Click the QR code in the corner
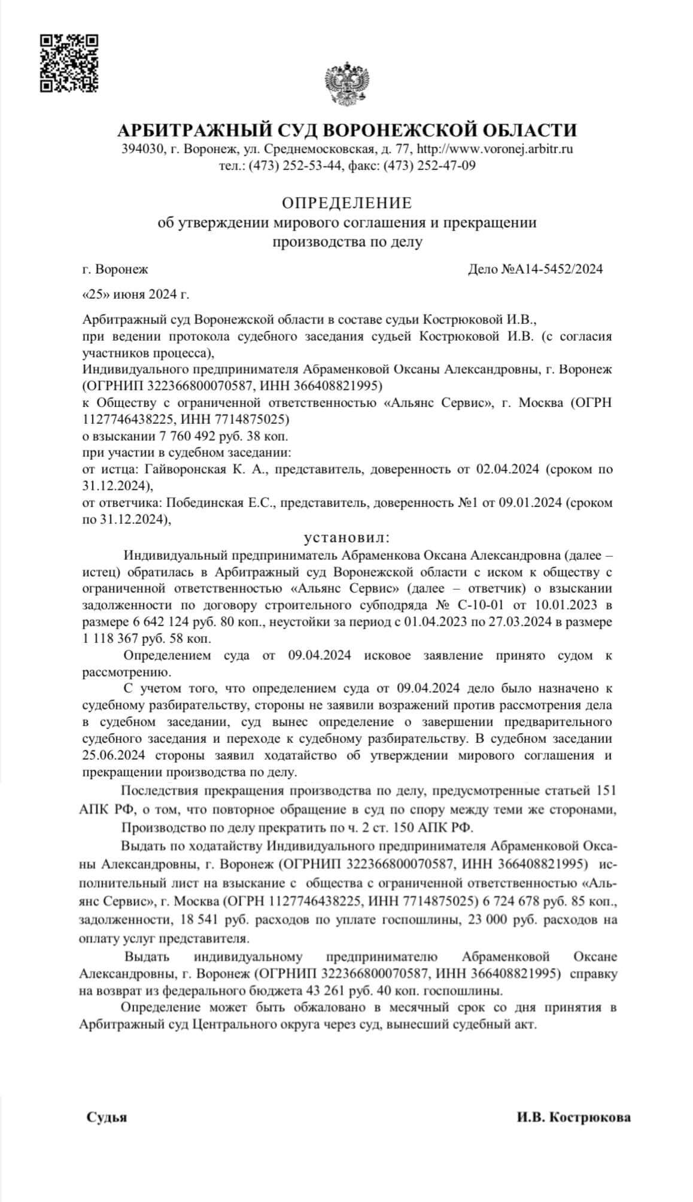pos(69,63)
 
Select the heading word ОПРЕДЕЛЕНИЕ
pos(346,204)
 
